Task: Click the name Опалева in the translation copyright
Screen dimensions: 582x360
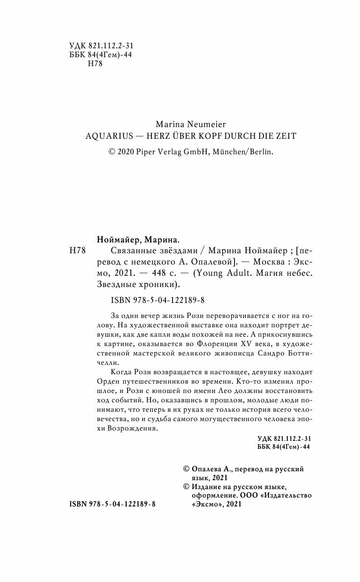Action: pos(210,469)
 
